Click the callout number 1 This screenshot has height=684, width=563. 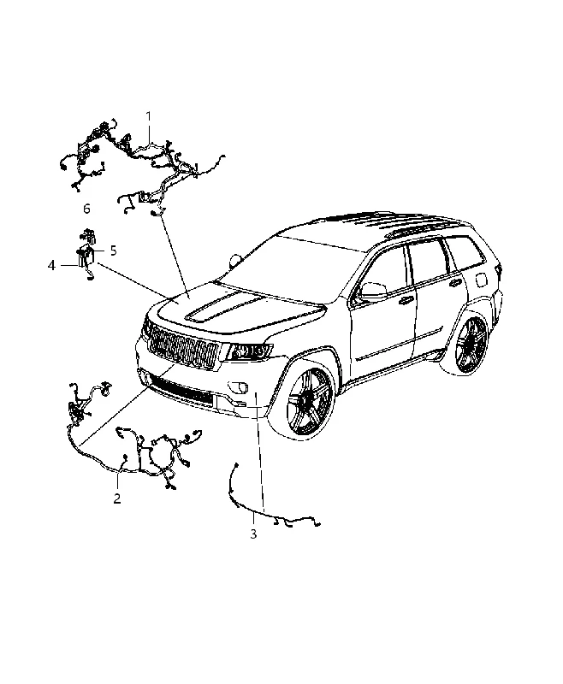click(x=148, y=116)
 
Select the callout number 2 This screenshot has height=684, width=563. click(x=117, y=498)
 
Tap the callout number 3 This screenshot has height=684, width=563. click(x=253, y=534)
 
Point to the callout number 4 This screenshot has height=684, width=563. click(x=52, y=265)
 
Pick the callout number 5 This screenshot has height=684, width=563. click(x=114, y=251)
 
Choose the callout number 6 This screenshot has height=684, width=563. click(x=86, y=209)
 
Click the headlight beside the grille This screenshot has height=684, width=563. click(x=249, y=351)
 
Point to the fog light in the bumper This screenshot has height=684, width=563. click(x=238, y=386)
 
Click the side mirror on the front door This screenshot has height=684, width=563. click(x=374, y=291)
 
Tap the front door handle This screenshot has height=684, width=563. click(x=406, y=301)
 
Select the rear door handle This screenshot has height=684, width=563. click(x=456, y=283)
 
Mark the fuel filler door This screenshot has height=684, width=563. click(x=482, y=280)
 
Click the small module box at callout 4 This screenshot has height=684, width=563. click(x=85, y=258)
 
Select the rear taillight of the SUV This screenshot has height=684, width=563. click(x=498, y=273)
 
